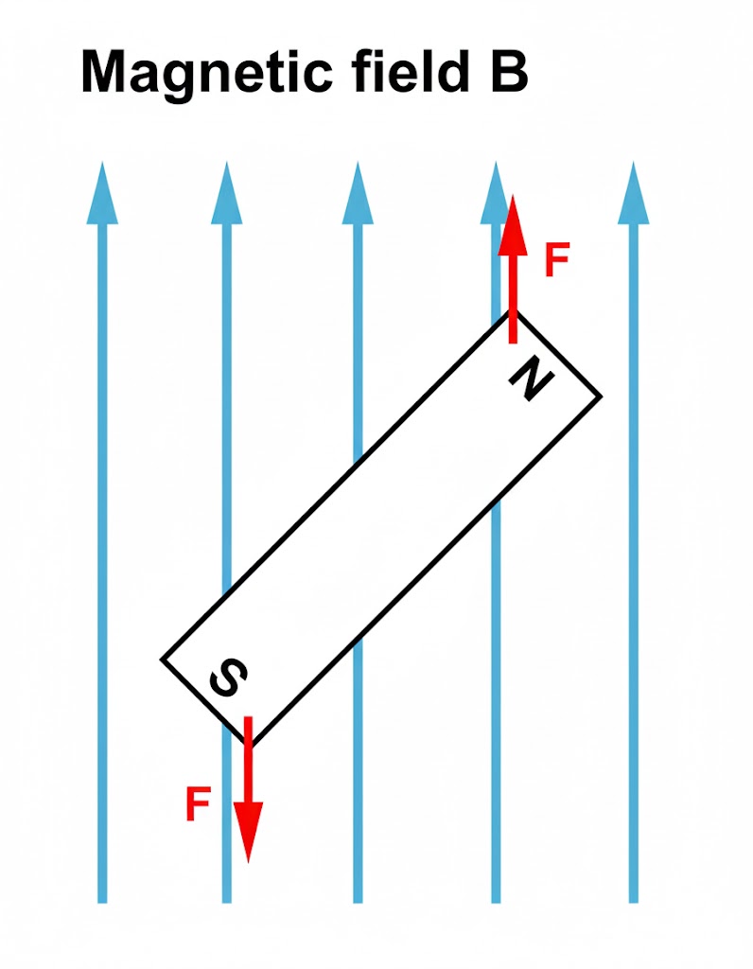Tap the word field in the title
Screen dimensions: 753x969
point(412,70)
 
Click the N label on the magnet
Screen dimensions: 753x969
point(531,380)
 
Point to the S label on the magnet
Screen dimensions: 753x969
point(229,677)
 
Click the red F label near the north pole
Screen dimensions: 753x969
point(556,259)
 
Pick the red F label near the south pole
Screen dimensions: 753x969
point(198,803)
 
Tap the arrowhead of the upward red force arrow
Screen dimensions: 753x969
point(513,225)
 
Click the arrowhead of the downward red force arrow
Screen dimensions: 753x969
point(249,832)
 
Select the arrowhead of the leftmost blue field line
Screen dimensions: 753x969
point(102,193)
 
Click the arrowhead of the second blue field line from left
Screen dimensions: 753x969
point(227,193)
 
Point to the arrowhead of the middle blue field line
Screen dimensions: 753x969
point(358,193)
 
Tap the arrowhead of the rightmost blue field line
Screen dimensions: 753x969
point(633,193)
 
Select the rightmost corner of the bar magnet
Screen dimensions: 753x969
point(601,396)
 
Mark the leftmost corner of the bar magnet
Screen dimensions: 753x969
point(162,660)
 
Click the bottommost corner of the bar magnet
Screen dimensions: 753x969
point(250,746)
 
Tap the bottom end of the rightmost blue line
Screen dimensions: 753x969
point(633,902)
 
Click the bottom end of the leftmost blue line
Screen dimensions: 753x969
point(102,902)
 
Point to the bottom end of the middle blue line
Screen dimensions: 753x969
point(358,902)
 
